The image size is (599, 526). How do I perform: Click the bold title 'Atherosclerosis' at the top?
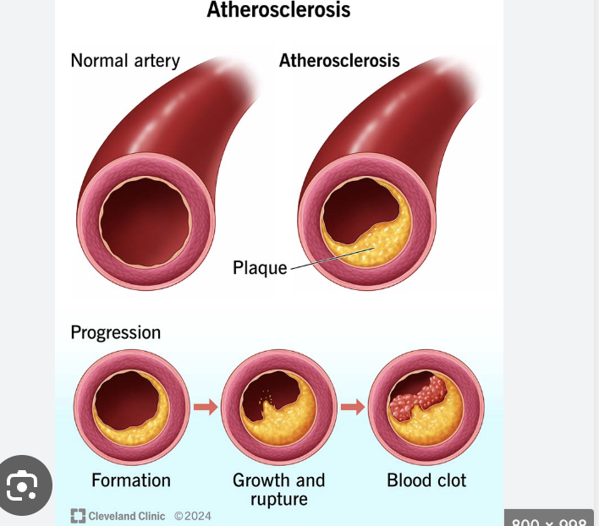coord(278,10)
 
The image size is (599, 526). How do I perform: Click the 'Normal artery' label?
coord(125,61)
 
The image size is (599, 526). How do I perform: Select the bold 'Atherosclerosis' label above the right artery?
coord(339,61)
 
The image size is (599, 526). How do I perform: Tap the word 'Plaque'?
coord(260,269)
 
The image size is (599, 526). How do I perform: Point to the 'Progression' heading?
coord(115,332)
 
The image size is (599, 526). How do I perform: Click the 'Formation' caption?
coord(131,480)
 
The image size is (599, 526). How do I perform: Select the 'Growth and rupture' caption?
coord(278,490)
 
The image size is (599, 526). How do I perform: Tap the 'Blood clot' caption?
coord(426,480)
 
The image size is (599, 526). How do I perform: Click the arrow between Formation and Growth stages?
coord(205,408)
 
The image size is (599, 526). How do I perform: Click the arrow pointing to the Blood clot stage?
coord(352,408)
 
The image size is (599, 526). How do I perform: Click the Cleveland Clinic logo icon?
coord(78,516)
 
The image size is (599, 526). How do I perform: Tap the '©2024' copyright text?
coord(193,516)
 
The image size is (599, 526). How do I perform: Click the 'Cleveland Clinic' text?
coord(127,516)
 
